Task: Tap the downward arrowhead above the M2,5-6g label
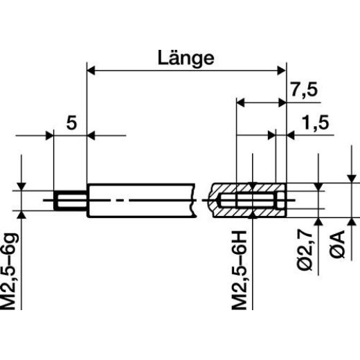[23, 187]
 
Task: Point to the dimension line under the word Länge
[186, 69]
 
